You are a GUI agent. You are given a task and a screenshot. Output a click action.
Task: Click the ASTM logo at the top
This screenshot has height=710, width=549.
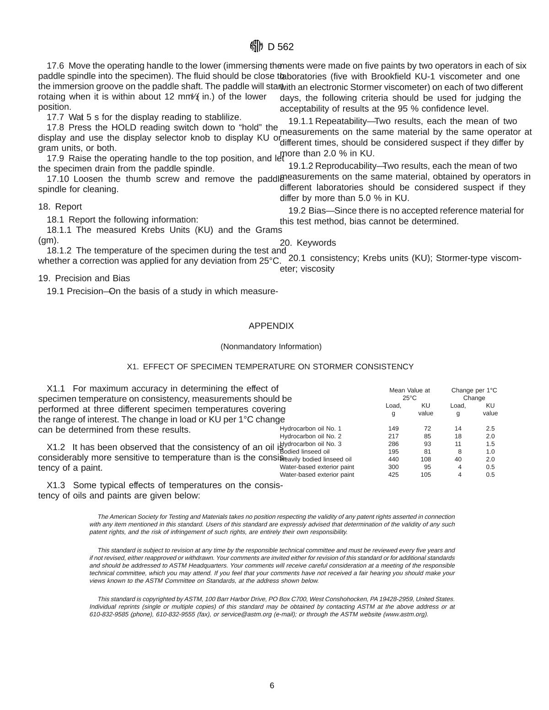tap(256, 46)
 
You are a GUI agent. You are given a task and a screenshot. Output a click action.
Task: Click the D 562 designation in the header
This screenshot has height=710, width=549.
tap(280, 47)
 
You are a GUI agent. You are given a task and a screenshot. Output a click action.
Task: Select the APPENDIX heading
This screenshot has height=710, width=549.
tap(271, 326)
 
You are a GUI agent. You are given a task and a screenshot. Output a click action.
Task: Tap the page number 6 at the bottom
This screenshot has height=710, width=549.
tap(272, 685)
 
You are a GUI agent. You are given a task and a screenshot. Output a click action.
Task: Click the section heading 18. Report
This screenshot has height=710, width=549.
tap(60, 207)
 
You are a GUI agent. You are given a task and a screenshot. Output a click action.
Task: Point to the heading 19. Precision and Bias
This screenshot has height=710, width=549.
tap(84, 278)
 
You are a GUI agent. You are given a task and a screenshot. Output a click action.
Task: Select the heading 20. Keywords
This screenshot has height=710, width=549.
tap(307, 243)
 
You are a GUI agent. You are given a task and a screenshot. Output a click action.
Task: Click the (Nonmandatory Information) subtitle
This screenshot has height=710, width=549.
tap(271, 346)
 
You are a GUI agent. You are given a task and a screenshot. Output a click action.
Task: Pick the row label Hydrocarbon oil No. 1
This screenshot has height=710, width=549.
tap(310, 429)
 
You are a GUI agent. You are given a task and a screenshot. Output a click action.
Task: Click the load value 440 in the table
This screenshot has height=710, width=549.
tap(393, 459)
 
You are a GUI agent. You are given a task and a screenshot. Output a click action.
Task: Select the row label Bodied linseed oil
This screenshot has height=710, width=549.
tap(304, 452)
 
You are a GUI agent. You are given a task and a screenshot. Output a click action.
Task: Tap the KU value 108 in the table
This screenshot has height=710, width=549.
tap(425, 459)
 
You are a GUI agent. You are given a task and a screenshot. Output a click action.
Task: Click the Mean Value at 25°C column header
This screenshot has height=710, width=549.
tap(409, 394)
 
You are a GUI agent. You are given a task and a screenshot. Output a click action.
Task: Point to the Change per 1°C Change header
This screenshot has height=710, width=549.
tap(474, 394)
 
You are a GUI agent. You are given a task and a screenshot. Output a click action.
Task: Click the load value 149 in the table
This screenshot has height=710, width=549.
tap(393, 429)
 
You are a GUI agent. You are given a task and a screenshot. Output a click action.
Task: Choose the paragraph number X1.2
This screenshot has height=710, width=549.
tap(56, 447)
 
